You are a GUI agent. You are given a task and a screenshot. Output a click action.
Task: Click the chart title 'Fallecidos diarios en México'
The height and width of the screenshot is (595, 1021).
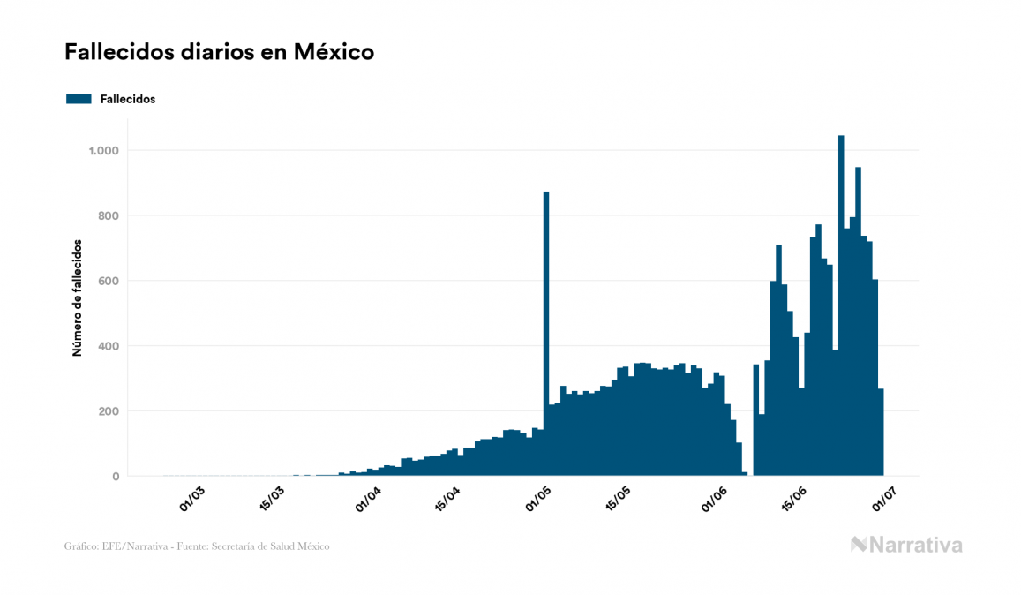coord(219,52)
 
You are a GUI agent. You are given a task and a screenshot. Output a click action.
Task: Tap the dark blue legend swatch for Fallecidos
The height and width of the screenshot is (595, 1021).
coord(79,99)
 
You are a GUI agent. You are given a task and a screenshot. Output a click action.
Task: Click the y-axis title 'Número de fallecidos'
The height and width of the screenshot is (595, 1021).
coord(77,297)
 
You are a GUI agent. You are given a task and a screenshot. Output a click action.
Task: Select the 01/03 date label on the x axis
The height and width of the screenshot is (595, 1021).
coord(191,499)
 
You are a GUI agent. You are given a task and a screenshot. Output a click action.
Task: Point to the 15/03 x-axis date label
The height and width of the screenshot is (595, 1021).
coord(273,500)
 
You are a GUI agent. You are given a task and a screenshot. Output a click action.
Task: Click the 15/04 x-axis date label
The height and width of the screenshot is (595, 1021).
coord(447,500)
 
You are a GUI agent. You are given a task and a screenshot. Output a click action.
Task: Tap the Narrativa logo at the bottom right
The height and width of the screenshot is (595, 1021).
coord(906,545)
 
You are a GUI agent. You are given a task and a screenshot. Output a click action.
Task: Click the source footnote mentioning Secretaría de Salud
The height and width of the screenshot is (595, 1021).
coord(197,546)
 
